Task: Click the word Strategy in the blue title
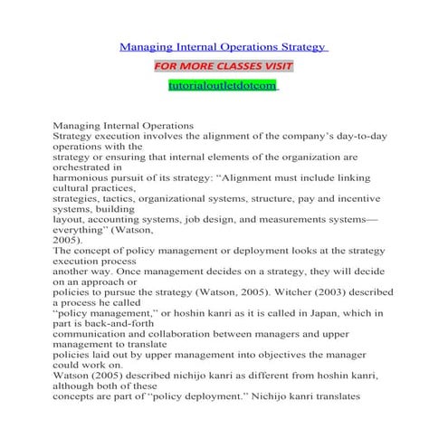click(302, 46)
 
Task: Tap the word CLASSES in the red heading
click(239, 67)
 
